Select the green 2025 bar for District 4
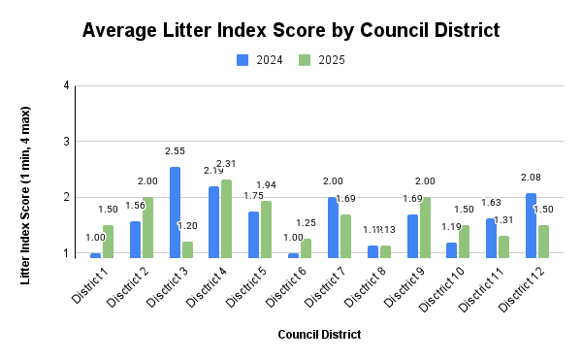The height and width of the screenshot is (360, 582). coord(226,218)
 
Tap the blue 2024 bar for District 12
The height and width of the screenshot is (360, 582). coord(531,225)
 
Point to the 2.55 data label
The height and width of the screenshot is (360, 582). coord(176,151)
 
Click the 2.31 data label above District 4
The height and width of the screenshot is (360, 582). coord(226,163)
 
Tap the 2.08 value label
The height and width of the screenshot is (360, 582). coord(531,178)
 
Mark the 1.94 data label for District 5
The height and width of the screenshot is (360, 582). coord(266,184)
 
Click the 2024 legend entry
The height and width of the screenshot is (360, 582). coord(260,60)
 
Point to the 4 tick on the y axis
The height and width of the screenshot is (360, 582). coord(66,85)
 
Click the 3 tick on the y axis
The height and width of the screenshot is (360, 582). coord(66,142)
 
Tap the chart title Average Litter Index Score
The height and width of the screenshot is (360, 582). coord(291,30)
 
